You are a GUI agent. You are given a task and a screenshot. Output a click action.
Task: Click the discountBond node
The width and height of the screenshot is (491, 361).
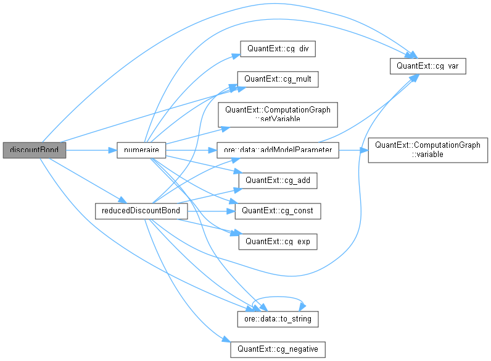click(x=34, y=150)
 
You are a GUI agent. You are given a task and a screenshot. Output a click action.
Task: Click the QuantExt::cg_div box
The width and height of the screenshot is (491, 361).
click(x=278, y=48)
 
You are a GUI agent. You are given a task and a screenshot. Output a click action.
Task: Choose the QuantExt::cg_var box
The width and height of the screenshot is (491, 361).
click(x=427, y=65)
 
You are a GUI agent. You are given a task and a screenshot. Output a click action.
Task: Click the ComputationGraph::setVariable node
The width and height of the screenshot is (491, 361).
click(x=278, y=114)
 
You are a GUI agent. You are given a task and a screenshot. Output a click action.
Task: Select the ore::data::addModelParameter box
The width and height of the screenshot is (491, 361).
click(x=278, y=150)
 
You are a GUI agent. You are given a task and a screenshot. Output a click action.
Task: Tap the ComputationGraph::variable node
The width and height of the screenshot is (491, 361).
click(x=427, y=150)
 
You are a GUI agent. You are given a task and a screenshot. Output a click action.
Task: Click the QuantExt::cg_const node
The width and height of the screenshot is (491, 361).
click(x=277, y=211)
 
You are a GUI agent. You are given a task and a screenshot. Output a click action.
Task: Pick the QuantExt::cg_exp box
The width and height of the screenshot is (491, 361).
click(x=278, y=241)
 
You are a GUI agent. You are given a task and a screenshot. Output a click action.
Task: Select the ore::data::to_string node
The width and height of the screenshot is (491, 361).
click(x=278, y=319)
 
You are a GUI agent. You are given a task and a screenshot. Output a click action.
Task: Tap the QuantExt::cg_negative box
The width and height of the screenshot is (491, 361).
click(x=277, y=349)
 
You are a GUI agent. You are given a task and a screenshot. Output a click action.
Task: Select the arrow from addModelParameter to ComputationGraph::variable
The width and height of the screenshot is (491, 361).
click(x=353, y=150)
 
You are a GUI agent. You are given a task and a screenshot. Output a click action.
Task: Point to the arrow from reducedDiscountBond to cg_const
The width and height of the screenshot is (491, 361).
click(x=210, y=211)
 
